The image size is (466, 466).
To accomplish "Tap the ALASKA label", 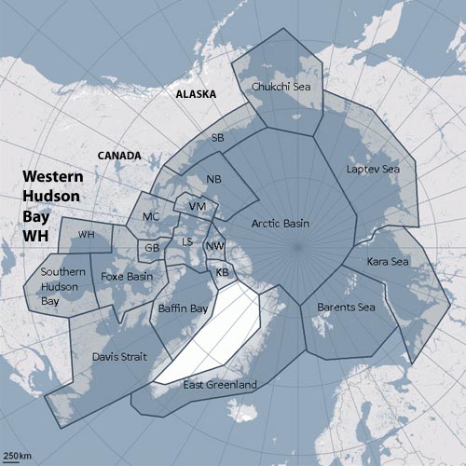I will click(x=198, y=94).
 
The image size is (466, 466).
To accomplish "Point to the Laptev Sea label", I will click(x=372, y=170).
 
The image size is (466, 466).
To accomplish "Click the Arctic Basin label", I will click(x=281, y=224).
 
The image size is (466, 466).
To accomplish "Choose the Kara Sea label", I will click(x=385, y=261).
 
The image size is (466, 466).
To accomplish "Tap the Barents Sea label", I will click(x=347, y=306).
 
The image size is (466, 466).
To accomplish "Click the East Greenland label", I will click(x=219, y=385).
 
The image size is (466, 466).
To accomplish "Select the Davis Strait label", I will click(x=118, y=356).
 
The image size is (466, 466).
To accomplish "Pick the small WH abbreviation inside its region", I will click(x=87, y=234).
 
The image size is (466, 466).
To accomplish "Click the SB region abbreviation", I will click(x=217, y=137).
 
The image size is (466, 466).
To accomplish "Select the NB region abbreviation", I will click(x=213, y=178).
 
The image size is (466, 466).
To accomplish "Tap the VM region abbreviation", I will click(x=196, y=206).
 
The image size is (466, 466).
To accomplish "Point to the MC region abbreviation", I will click(x=151, y=216).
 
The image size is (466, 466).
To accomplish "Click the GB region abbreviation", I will click(x=151, y=249).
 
